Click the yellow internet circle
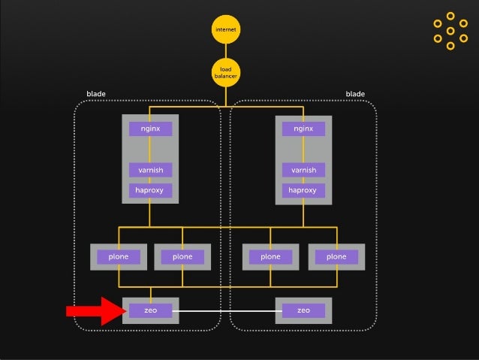point(225,29)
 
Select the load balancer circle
point(225,73)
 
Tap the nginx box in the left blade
point(150,129)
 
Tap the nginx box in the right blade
point(303,129)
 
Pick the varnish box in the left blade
point(150,170)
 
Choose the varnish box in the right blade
point(303,170)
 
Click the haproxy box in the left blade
point(150,190)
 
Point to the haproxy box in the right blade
point(303,190)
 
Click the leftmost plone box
point(118,257)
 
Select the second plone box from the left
point(182,257)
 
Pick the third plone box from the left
point(270,257)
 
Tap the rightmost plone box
point(336,257)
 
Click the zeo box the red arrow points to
point(150,310)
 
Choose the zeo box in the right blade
point(303,310)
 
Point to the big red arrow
point(94,310)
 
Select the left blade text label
point(96,94)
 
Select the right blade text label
point(355,94)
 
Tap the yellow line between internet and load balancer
point(225,50)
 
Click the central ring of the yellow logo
point(450,31)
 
